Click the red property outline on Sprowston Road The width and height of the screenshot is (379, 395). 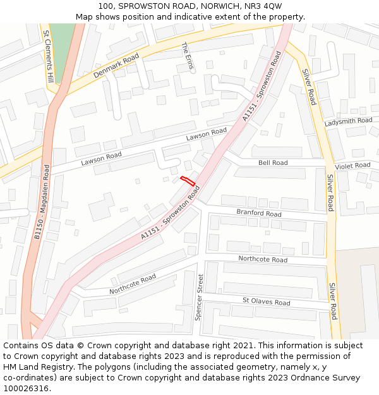pos(188,181)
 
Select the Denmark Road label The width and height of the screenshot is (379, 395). pos(116,65)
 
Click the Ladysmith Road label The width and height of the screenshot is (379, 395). pos(349,121)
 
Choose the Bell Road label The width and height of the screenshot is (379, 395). pos(273,162)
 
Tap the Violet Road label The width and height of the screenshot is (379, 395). pos(352,166)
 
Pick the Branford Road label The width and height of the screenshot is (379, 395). pos(259,213)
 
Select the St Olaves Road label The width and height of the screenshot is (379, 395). pos(267,302)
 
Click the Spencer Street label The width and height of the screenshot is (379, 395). pos(200,297)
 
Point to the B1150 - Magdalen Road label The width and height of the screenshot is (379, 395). pos(42,202)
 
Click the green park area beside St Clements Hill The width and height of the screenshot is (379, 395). pos(61,47)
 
